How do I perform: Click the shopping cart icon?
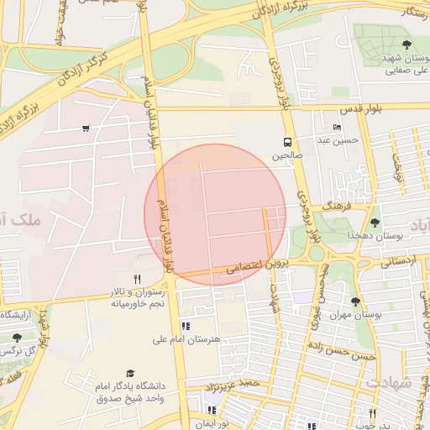tap(86, 128)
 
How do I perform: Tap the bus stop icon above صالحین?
tap(287, 142)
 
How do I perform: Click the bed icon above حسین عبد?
tap(337, 128)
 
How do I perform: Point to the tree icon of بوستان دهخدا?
tap(375, 223)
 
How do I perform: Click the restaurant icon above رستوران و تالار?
tap(137, 279)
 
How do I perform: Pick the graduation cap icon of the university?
tap(129, 373)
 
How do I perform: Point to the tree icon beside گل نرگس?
tap(17, 338)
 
